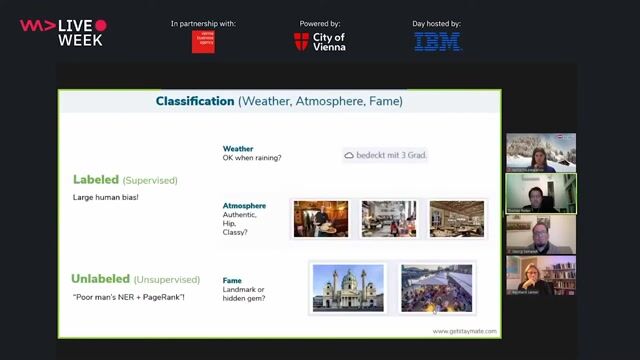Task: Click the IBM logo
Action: coord(438,41)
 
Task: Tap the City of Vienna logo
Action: coord(320,41)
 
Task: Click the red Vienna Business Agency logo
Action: coord(203,41)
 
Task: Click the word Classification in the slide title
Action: coord(195,101)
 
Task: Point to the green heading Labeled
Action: coord(96,180)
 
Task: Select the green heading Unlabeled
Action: coord(105,279)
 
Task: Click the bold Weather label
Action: coord(238,149)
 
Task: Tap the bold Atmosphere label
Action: coord(244,206)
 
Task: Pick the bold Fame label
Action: coord(232,281)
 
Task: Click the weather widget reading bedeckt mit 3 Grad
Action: coord(385,155)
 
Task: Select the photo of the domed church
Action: coord(347,288)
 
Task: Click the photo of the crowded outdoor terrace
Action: coord(436,288)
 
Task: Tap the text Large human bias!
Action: coord(104,197)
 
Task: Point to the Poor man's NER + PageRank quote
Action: coord(128,298)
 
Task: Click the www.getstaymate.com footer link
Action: coord(463,331)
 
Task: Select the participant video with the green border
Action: coord(541,194)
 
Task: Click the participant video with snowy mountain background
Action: coord(541,153)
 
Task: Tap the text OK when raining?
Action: coord(251,158)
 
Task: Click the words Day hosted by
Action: coord(437,23)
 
